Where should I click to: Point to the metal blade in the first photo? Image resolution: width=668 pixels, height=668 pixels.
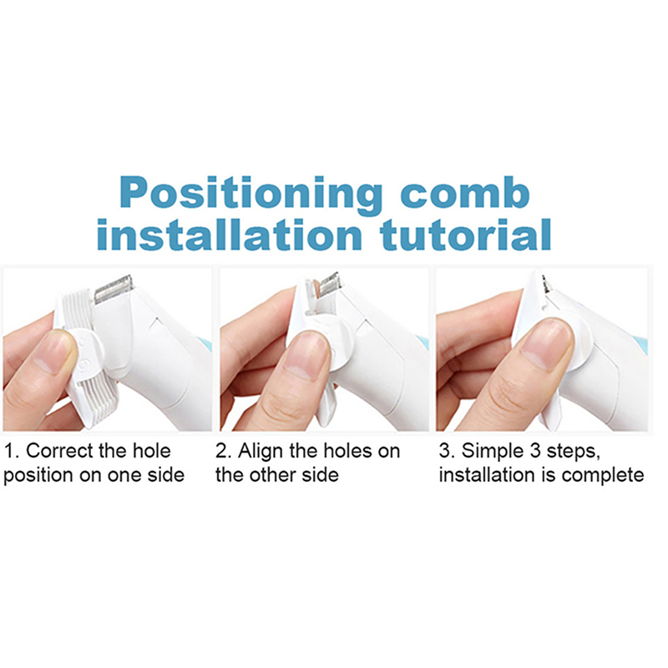tap(114, 289)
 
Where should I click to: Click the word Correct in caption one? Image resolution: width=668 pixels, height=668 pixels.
tap(58, 451)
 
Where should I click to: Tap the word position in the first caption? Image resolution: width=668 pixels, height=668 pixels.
tap(38, 476)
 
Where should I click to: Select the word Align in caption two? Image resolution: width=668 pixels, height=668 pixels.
tap(261, 451)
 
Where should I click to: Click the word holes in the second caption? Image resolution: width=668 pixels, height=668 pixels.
tap(347, 451)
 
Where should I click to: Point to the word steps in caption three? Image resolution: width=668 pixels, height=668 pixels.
tap(574, 452)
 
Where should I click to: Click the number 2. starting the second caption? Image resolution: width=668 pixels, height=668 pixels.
tap(224, 451)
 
